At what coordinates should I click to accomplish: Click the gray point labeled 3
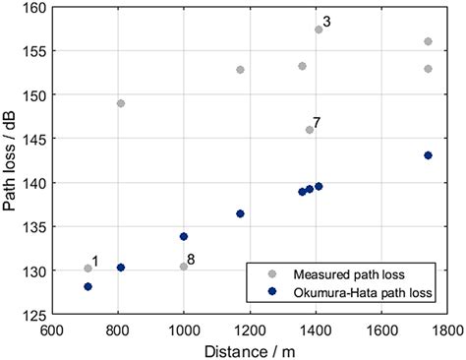319,30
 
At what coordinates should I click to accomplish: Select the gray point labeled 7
309,129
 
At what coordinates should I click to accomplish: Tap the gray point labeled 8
184,267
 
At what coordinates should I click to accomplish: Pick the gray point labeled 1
87,269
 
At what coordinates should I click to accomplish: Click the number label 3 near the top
327,22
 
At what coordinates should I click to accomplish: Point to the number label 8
192,260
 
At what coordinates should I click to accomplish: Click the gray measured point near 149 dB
121,103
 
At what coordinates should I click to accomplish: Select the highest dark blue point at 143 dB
428,155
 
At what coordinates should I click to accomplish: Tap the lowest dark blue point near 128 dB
87,286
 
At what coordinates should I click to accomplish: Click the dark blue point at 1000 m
184,236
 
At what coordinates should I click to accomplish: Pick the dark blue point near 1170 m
240,213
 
